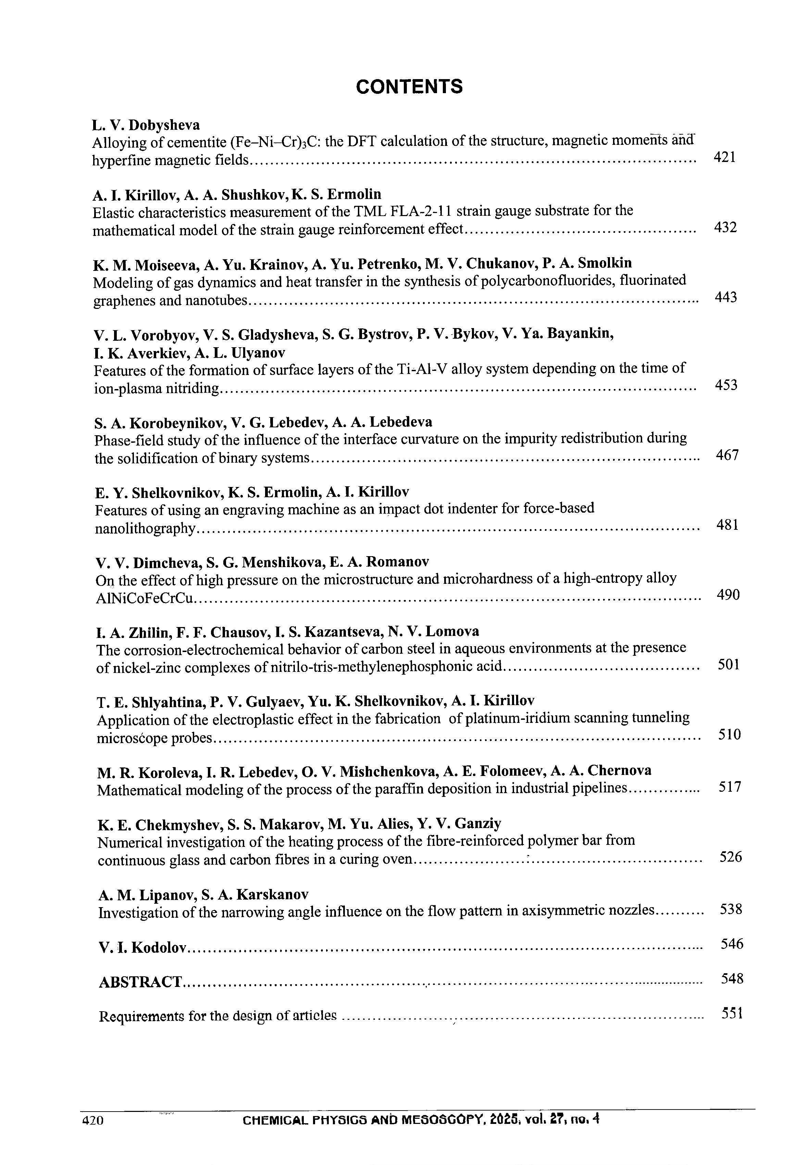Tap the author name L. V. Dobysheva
(x=146, y=124)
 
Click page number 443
(x=725, y=297)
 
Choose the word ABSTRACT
(x=140, y=981)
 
